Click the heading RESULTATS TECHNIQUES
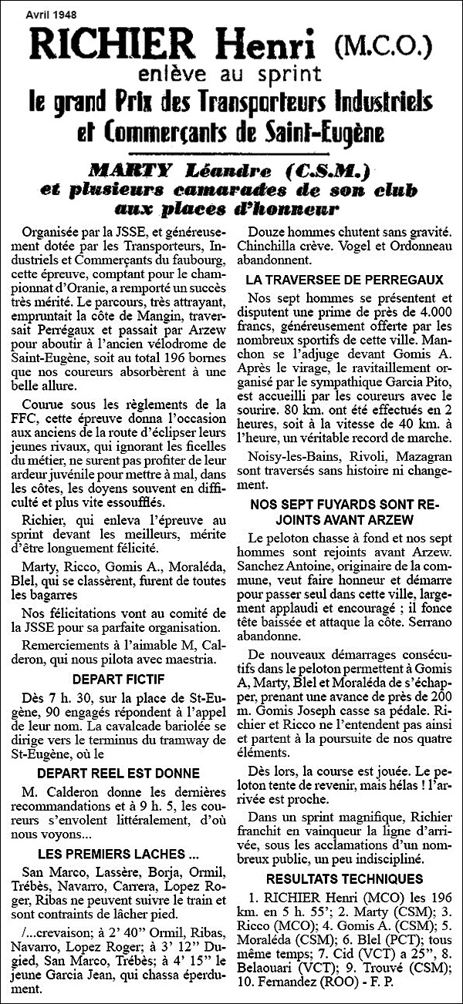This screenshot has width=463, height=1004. pos(344,879)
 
